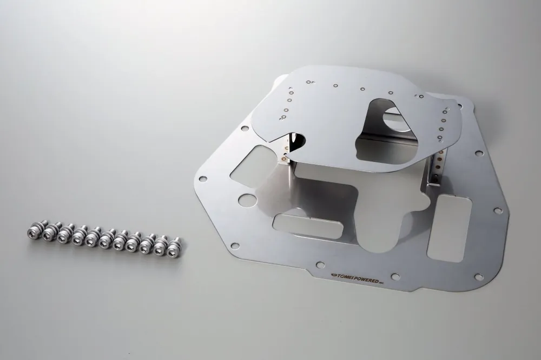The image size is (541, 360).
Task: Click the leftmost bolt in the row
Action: coord(34,230)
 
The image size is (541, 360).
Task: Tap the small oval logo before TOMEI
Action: coord(333,275)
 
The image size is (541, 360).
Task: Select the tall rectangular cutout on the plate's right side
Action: coord(449,228)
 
